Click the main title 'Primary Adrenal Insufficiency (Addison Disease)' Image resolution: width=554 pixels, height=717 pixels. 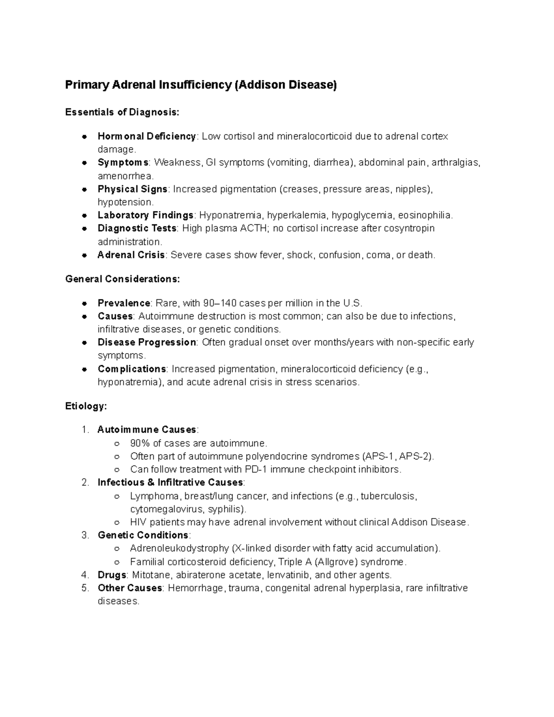[201, 85]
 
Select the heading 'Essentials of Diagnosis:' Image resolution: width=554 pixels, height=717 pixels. [122, 112]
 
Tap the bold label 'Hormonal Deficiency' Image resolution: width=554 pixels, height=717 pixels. [147, 136]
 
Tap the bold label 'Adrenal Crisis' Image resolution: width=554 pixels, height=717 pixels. [131, 255]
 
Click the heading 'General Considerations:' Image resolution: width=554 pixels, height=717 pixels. [122, 279]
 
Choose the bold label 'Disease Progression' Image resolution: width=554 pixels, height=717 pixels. [147, 343]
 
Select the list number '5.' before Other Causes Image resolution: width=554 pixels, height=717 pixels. [84, 588]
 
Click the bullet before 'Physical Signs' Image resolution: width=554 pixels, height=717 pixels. [84, 189]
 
